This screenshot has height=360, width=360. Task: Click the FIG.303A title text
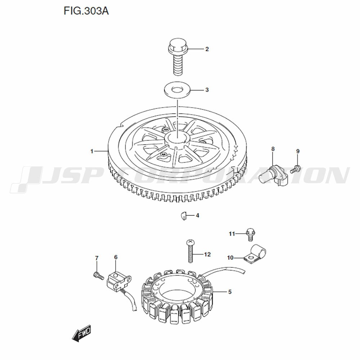[86, 11]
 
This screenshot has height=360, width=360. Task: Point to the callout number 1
[92, 151]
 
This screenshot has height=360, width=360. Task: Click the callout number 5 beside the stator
[230, 292]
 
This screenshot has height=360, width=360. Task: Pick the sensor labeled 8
[273, 175]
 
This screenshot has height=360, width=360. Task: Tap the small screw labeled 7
[98, 275]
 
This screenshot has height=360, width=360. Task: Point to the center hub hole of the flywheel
[177, 139]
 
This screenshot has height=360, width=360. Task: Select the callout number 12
[207, 255]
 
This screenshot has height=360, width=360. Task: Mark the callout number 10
[230, 258]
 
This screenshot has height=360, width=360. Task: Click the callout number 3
[207, 90]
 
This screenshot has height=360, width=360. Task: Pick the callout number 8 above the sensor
[273, 149]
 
